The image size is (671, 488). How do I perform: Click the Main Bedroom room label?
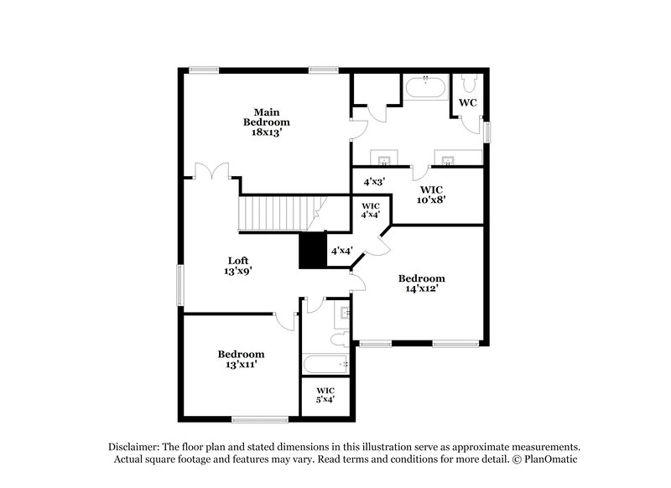(x=267, y=117)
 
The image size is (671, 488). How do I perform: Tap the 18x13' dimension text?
(x=267, y=132)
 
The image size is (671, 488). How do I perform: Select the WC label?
(x=467, y=103)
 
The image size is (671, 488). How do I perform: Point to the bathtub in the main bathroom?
(x=428, y=87)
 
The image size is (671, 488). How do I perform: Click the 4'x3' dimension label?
(x=374, y=181)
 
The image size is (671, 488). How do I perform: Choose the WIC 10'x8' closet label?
(x=433, y=194)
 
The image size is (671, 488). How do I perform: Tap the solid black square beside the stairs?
(x=313, y=250)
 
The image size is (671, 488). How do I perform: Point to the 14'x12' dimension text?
(x=421, y=288)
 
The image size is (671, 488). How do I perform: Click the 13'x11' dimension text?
(x=241, y=365)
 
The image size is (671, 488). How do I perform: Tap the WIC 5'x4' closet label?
(x=325, y=395)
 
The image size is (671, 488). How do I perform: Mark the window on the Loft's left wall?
(x=179, y=286)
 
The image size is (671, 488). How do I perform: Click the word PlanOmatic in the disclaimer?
(x=550, y=459)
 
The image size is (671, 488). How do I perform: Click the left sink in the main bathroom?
(x=385, y=159)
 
